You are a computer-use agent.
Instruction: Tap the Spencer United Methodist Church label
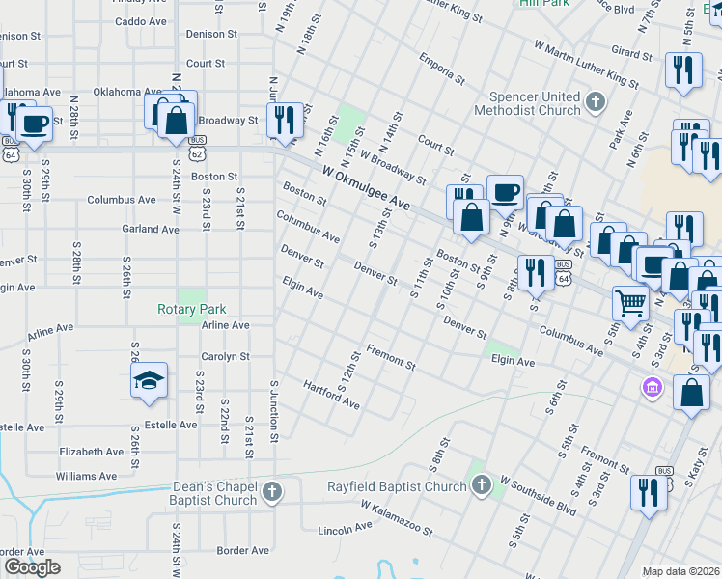[x=535, y=104]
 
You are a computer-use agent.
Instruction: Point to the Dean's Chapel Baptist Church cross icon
[x=273, y=492]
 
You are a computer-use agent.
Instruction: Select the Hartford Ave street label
[x=331, y=394]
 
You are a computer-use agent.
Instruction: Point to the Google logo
[x=32, y=566]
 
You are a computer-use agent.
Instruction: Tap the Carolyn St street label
[x=225, y=356]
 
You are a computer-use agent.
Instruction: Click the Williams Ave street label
[x=87, y=476]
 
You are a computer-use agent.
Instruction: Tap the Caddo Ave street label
[x=141, y=21]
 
